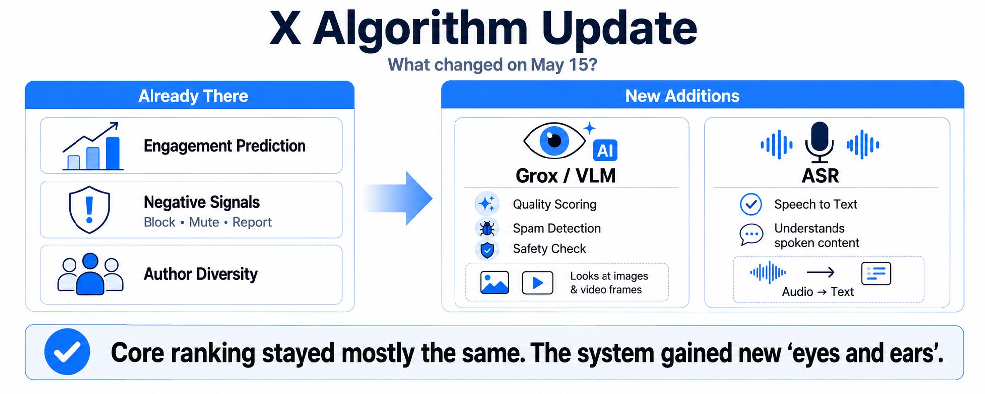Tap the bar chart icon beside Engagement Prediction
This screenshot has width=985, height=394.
(92, 147)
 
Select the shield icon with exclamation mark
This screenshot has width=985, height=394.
(89, 210)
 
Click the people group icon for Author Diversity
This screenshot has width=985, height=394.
(90, 274)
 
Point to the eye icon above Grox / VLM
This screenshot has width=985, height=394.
(554, 141)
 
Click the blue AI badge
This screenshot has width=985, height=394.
(605, 150)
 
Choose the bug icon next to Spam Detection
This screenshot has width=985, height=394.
(487, 228)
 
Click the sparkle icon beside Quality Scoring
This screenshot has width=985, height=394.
(487, 204)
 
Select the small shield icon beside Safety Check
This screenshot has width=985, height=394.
(487, 249)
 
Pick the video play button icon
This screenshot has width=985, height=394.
(537, 283)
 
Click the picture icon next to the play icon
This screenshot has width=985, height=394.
(495, 282)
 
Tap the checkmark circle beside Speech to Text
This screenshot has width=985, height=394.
(751, 204)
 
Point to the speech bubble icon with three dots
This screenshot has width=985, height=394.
(752, 235)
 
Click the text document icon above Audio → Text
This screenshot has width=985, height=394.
(876, 273)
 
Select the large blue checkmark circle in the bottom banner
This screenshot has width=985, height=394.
(67, 352)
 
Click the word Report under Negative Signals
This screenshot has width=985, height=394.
(252, 222)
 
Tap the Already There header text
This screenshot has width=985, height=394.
(193, 96)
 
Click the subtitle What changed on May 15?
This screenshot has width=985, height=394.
(492, 65)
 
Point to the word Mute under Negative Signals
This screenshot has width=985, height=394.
(204, 222)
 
